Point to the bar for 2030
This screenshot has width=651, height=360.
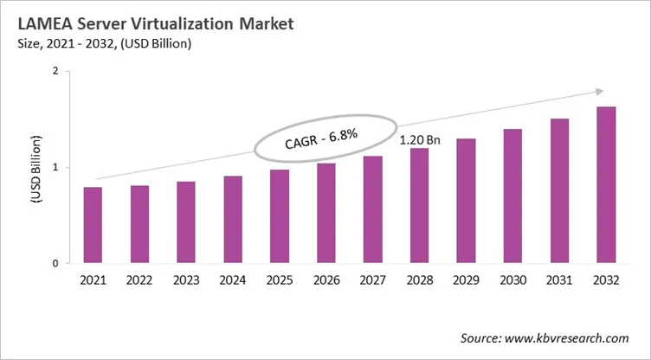(x=512, y=196)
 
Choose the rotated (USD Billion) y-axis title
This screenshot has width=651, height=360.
(x=35, y=168)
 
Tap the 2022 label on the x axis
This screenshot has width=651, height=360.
(x=139, y=280)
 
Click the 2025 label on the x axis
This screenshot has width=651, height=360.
(x=280, y=280)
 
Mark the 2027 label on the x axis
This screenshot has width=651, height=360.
(x=372, y=280)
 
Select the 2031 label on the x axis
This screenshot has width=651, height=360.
(x=558, y=280)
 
